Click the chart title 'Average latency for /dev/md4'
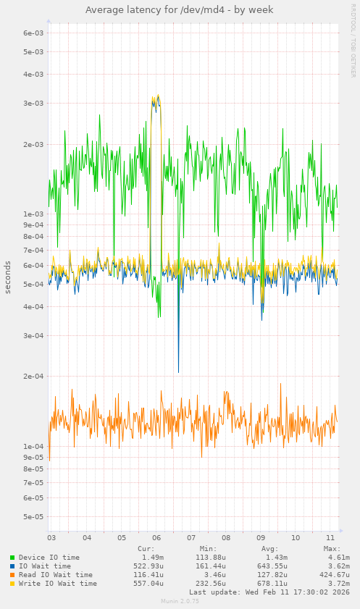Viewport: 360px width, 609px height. pos(180,10)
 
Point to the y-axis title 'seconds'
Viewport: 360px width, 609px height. pos(8,277)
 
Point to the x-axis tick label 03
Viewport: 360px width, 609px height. pos(51,538)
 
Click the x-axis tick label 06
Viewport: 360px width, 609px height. pos(156,538)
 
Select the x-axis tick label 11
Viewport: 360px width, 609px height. pos(331,538)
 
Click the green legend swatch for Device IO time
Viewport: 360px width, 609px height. pos(12,558)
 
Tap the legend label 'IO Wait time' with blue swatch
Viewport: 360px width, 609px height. pos(45,566)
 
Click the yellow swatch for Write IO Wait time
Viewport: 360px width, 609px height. pos(12,584)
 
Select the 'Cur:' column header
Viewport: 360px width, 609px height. pos(146,549)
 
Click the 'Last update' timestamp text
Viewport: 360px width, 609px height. pos(269,592)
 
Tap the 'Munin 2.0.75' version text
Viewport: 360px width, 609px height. pos(180,602)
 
